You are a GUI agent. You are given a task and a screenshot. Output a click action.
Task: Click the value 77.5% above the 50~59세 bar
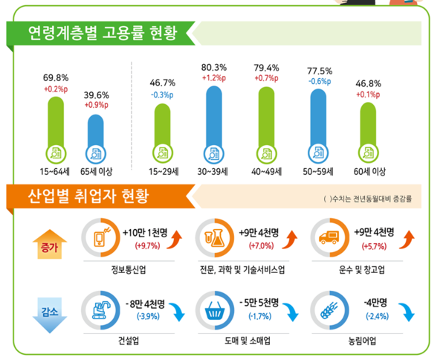(x=319, y=71)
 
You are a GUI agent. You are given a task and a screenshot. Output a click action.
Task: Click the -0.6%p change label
(x=319, y=82)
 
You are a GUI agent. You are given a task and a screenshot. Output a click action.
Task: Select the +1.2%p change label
(x=213, y=77)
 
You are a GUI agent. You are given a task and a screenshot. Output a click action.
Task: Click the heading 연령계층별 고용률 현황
(x=97, y=33)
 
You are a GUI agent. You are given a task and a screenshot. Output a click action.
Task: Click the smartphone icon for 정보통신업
(x=100, y=238)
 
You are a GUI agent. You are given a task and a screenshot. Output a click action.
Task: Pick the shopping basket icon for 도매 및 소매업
(x=215, y=311)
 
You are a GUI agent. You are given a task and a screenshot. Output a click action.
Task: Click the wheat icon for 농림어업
(x=329, y=311)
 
